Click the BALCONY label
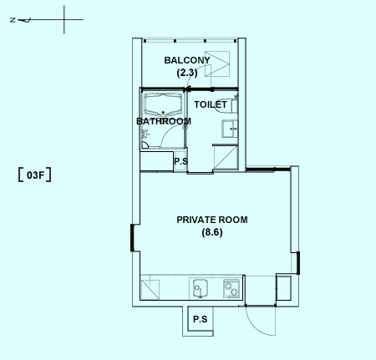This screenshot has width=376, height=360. point(187,60)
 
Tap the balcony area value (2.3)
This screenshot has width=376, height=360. point(187,73)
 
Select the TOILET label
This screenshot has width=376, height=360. point(211,104)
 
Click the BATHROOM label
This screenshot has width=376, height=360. point(164,121)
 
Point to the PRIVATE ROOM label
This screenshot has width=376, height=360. point(212,220)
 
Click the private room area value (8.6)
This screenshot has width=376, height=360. point(212,232)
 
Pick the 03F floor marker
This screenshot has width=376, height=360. point(35,175)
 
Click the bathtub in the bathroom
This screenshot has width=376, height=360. point(163,104)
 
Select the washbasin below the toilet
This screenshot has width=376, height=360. point(230,129)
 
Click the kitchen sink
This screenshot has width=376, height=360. point(201,288)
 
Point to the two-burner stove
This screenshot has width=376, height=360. point(231,288)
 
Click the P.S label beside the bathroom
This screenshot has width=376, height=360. point(181,161)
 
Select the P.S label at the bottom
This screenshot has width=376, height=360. point(200,319)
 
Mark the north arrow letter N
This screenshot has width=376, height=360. point(13,20)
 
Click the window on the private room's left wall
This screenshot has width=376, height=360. point(133,238)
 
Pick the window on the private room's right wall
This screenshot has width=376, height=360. point(298,263)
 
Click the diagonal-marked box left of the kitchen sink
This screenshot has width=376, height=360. point(150,290)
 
